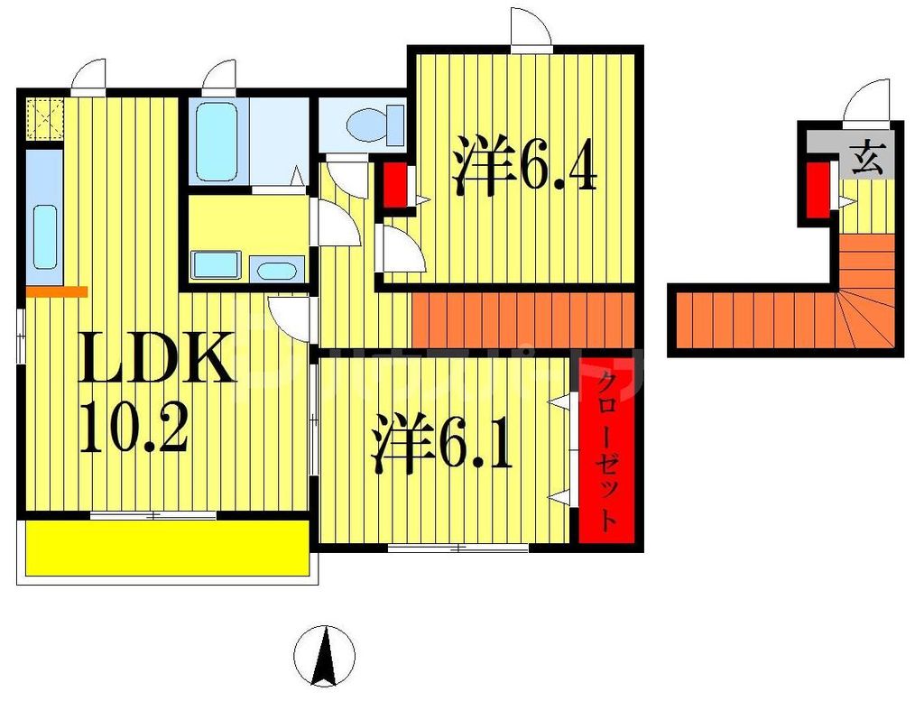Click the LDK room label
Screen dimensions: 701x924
pos(158,359)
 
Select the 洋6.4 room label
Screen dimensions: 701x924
pos(524,166)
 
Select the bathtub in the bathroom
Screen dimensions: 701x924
pos(217,143)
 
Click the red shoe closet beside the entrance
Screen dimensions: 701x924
pos(817,190)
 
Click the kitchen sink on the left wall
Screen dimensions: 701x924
pos(44,235)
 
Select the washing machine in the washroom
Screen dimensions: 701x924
pos(216,265)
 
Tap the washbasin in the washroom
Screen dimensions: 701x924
pos(277,269)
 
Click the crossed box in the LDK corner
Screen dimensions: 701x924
pos(42,118)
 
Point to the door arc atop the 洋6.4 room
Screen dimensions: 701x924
pos(531,27)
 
